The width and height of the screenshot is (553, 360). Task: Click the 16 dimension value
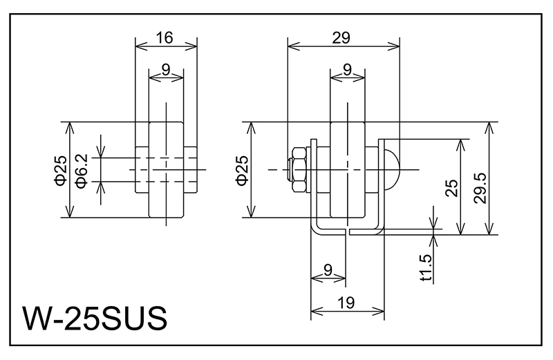click(164, 38)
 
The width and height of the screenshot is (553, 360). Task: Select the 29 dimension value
click(341, 38)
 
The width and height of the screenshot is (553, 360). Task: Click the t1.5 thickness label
click(427, 268)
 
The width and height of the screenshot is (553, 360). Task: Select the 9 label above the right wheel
click(346, 69)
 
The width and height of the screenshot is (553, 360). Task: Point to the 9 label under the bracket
click(328, 268)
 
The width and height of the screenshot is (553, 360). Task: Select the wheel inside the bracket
click(346, 200)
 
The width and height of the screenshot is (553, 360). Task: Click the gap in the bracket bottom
click(347, 231)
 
